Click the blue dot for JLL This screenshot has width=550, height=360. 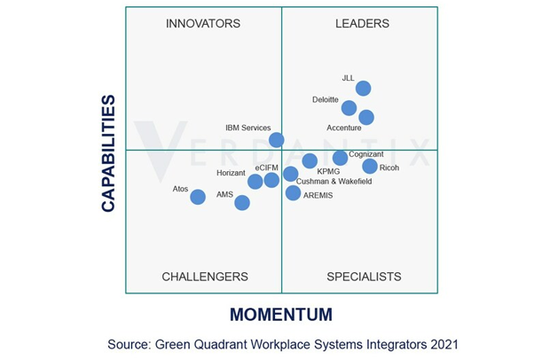363,88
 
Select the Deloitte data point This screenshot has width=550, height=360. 349,108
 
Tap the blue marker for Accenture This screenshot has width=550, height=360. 365,117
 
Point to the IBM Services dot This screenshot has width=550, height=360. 277,139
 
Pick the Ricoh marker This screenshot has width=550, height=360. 370,166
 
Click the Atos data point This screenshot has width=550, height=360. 198,197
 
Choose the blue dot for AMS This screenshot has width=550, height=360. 242,203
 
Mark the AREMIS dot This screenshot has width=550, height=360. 294,192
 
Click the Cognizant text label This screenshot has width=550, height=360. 366,154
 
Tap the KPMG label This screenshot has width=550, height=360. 328,171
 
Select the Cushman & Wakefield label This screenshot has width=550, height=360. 334,182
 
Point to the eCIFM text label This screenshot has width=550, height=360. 266,168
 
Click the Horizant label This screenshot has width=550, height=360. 231,173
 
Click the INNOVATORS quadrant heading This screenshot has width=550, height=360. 203,24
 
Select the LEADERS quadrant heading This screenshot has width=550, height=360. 362,24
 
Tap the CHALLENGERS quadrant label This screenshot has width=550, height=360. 205,277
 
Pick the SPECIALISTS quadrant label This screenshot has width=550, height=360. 364,277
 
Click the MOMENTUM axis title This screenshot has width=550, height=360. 281,315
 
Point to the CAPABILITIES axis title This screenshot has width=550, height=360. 108,153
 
